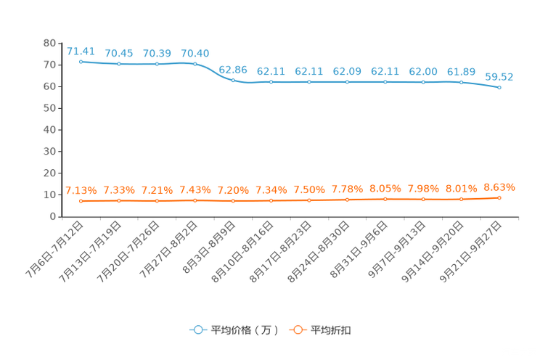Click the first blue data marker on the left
[x=81, y=62]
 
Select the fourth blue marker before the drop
[x=195, y=64]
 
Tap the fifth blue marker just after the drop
[x=233, y=79]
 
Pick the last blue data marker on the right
[x=499, y=87]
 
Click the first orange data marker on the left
[x=81, y=200]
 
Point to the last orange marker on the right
[x=499, y=197]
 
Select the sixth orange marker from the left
[x=271, y=200]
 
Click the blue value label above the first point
[x=81, y=51]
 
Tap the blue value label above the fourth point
[x=195, y=53]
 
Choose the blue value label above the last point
[x=499, y=75]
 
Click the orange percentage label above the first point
[x=81, y=191]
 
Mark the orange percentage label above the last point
[x=499, y=188]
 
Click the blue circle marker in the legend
[x=198, y=330]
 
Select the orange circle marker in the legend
[x=298, y=330]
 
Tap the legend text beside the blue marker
[x=245, y=330]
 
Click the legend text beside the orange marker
[x=332, y=330]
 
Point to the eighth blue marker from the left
[x=347, y=81]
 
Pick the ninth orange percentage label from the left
[x=385, y=189]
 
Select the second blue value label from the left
[x=119, y=53]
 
